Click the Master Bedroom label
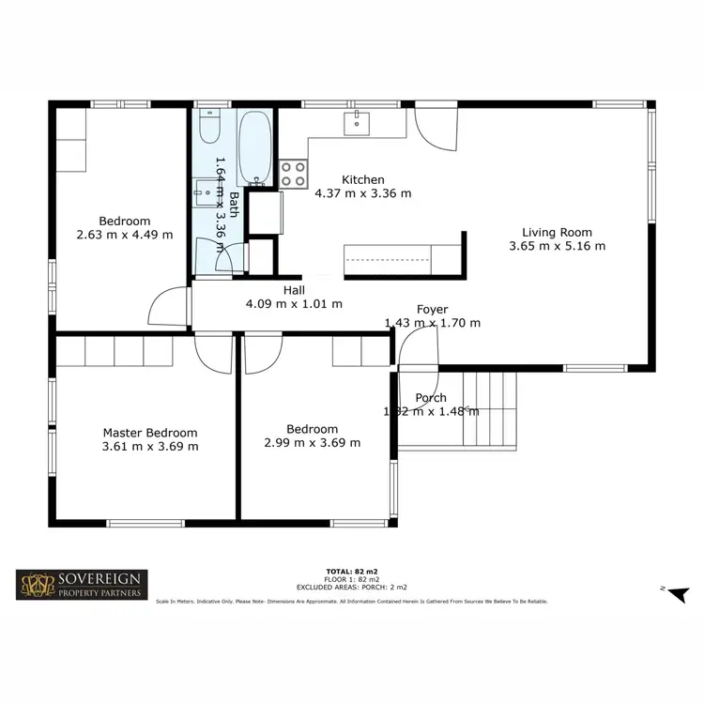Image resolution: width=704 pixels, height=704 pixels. [x=150, y=433]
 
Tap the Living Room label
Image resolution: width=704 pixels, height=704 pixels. [x=557, y=233]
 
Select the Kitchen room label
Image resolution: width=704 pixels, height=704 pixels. [x=363, y=180]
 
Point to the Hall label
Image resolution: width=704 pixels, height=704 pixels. [x=294, y=290]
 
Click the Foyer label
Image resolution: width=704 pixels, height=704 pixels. [x=433, y=310]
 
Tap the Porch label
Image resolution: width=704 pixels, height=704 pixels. [x=432, y=398]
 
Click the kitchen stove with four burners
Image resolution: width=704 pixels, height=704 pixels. [x=294, y=173]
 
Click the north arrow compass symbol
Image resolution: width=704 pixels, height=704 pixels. [x=679, y=592]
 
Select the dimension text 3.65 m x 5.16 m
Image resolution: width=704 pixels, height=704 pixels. [x=557, y=246]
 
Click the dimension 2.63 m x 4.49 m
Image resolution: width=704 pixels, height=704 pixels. [x=125, y=235]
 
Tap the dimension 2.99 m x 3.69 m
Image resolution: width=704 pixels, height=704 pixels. [x=312, y=443]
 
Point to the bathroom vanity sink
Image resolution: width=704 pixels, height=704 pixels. [x=205, y=191]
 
